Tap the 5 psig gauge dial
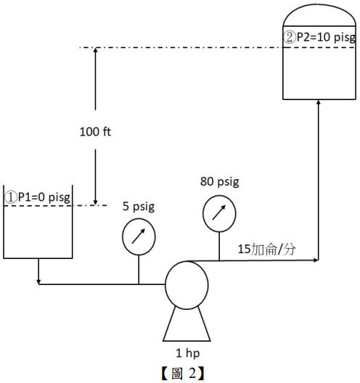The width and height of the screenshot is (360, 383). [x=139, y=238]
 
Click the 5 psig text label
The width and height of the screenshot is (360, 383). [x=139, y=207]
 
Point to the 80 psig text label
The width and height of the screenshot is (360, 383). [x=220, y=181]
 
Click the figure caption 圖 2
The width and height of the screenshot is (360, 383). [x=180, y=374]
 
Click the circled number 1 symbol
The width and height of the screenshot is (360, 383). [x=11, y=197]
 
